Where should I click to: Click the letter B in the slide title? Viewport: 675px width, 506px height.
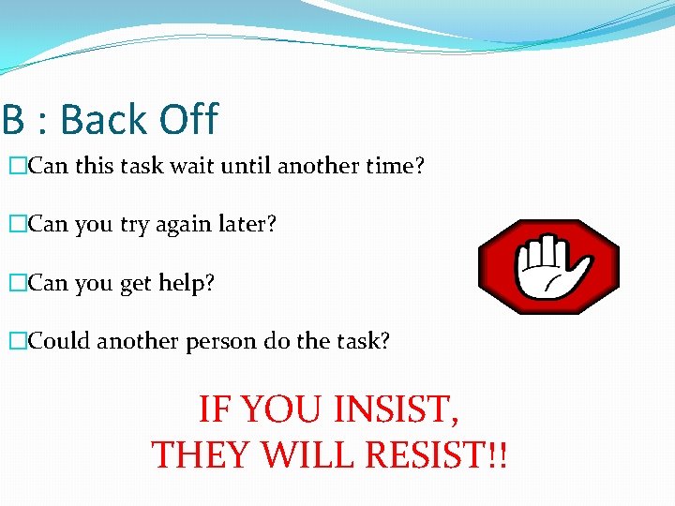[x=12, y=120]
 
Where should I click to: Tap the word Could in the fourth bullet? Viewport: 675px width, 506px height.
[x=60, y=341]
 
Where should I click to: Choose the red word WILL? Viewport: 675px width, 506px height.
[x=303, y=454]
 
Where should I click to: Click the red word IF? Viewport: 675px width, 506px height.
[x=215, y=410]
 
